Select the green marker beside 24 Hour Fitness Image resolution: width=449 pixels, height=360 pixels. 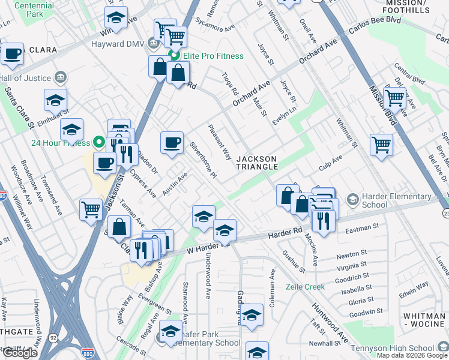(x=99, y=142)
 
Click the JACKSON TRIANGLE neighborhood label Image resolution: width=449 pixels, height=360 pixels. (x=256, y=163)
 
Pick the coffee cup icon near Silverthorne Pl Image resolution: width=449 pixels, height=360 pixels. (x=172, y=143)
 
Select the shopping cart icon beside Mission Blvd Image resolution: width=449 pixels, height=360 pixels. (x=394, y=97)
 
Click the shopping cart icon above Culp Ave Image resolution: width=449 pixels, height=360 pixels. (x=381, y=144)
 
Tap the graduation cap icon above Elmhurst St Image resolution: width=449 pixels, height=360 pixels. (x=55, y=99)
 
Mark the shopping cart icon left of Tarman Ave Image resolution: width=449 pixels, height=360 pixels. (x=91, y=209)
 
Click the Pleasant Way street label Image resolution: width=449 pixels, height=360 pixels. (x=219, y=142)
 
